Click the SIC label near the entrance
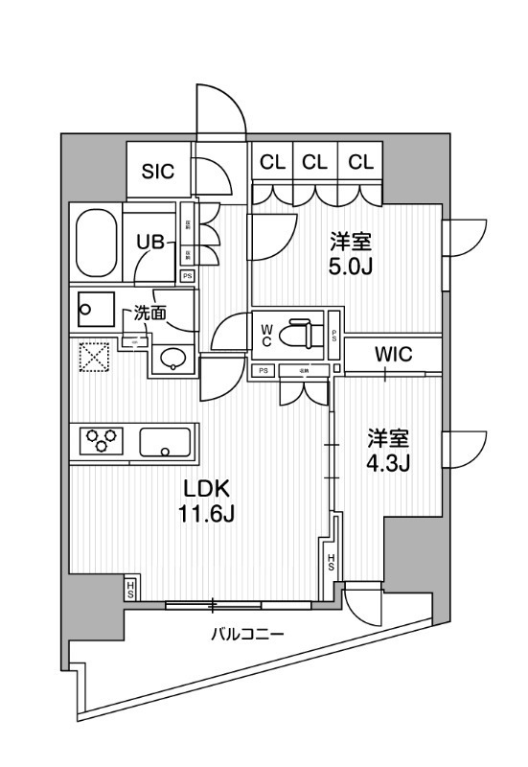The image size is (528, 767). pos(158,172)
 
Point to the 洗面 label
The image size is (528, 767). pos(149,312)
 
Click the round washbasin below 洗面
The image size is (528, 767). pos(172,359)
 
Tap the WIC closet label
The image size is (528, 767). pos(393,354)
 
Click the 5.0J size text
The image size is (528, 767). pos(347,266)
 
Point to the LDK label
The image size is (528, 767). pos(204,488)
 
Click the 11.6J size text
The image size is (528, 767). pos(204,515)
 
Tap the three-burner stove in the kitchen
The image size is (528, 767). pos(103,440)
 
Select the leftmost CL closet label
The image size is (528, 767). pos(272,162)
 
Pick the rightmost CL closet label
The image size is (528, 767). pos(360,162)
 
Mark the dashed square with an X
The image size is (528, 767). pos(96,358)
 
